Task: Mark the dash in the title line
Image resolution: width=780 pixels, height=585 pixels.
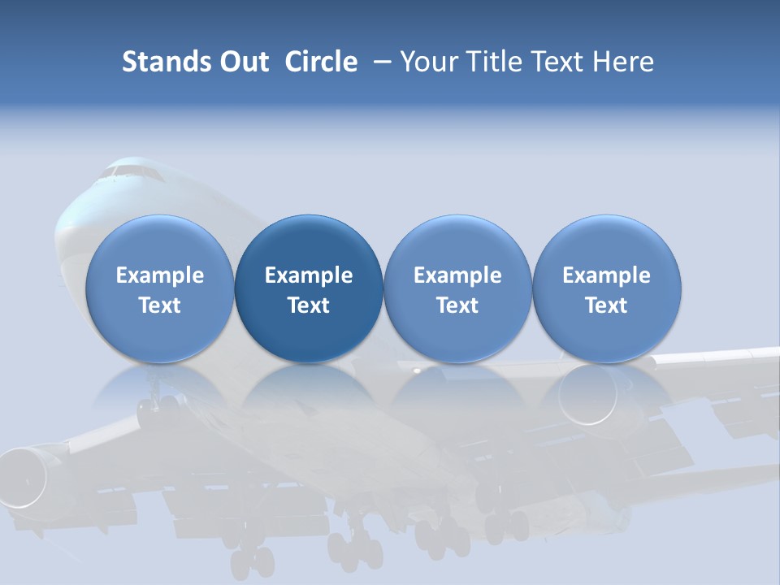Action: tap(380, 62)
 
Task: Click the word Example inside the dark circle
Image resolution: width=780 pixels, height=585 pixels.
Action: tap(309, 275)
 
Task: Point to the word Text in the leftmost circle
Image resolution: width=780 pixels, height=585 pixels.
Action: tap(160, 305)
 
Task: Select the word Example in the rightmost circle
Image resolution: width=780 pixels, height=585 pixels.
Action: tap(606, 275)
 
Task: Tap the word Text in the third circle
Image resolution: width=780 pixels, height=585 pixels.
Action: tap(457, 305)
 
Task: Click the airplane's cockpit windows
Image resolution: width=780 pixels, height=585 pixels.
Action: tap(130, 171)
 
